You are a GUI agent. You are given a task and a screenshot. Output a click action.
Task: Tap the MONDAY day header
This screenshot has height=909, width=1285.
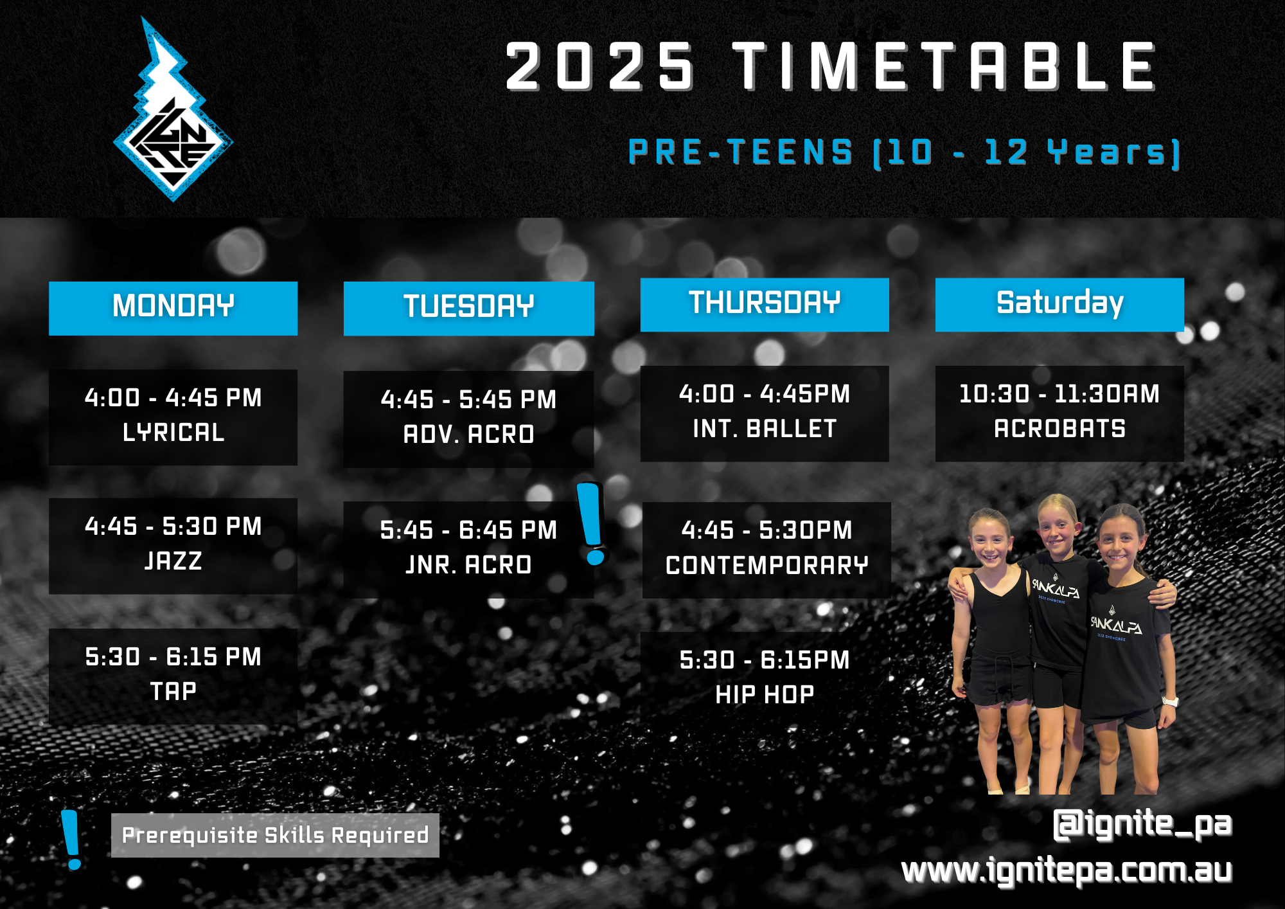(173, 307)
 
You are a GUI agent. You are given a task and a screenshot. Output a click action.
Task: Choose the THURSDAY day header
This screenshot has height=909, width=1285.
(765, 304)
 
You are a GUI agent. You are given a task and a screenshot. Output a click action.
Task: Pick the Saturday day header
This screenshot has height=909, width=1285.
(1059, 304)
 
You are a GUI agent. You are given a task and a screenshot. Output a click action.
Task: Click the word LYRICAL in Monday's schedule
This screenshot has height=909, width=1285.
(173, 433)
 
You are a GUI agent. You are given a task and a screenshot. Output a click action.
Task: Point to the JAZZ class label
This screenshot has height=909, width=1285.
(173, 561)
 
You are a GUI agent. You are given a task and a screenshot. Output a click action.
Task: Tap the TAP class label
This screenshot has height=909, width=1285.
(173, 692)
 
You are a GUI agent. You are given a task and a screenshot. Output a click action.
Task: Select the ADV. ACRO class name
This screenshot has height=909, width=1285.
(468, 435)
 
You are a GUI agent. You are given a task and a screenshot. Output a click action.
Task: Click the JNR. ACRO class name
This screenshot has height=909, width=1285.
(468, 565)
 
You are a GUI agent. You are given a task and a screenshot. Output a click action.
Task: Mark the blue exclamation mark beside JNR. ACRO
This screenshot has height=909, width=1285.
(592, 524)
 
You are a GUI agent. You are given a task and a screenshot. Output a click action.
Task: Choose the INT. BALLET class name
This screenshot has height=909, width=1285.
(765, 429)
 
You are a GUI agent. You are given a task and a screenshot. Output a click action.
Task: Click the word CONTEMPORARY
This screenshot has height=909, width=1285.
(767, 566)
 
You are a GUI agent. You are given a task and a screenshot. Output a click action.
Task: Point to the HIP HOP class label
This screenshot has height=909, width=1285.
(765, 695)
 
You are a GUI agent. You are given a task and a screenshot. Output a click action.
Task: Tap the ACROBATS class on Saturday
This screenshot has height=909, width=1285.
(1059, 429)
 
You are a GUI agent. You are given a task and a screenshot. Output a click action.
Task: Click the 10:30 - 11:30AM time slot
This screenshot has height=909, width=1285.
(1059, 394)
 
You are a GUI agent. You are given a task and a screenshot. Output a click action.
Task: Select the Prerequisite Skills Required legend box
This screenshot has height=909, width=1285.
(275, 835)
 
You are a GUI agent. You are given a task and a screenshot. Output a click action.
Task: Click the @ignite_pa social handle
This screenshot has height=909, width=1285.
(1142, 825)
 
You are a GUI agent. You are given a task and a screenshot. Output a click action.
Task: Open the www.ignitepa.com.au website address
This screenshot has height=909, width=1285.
(1067, 871)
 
